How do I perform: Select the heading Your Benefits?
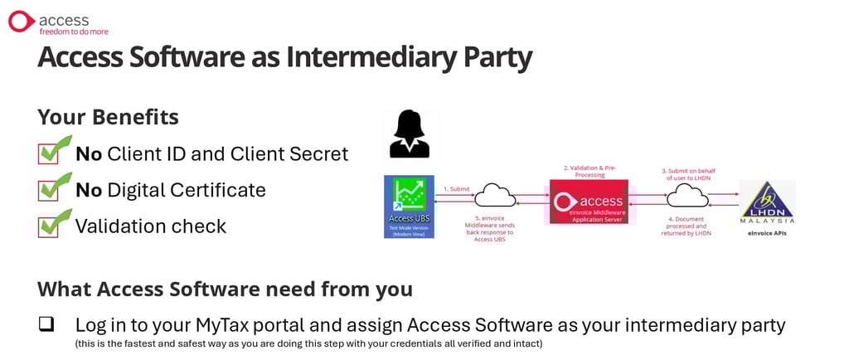(x=108, y=117)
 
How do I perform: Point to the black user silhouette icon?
(x=410, y=134)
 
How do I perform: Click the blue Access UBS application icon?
(x=409, y=206)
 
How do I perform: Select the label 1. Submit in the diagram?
(x=457, y=189)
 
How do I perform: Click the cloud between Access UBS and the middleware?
(x=497, y=197)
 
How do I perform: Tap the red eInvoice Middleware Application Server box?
(x=589, y=202)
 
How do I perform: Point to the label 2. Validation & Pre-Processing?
(x=589, y=171)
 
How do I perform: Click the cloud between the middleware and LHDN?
(x=687, y=196)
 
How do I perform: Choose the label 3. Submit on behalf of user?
(x=688, y=174)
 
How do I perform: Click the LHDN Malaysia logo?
(x=767, y=202)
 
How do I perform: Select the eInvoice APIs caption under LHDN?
(x=768, y=234)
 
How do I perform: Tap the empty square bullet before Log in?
(x=46, y=324)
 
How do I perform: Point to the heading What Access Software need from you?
(x=225, y=289)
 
